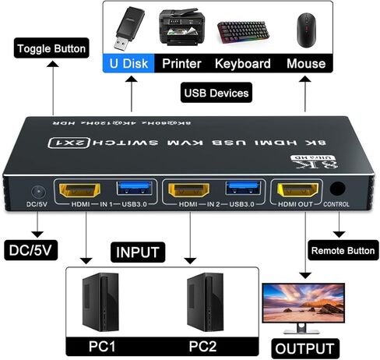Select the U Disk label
tap(128, 62)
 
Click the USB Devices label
tap(217, 94)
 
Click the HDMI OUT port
tap(297, 189)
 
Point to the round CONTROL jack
tap(337, 189)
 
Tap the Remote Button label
tap(343, 251)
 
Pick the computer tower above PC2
tap(206, 303)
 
